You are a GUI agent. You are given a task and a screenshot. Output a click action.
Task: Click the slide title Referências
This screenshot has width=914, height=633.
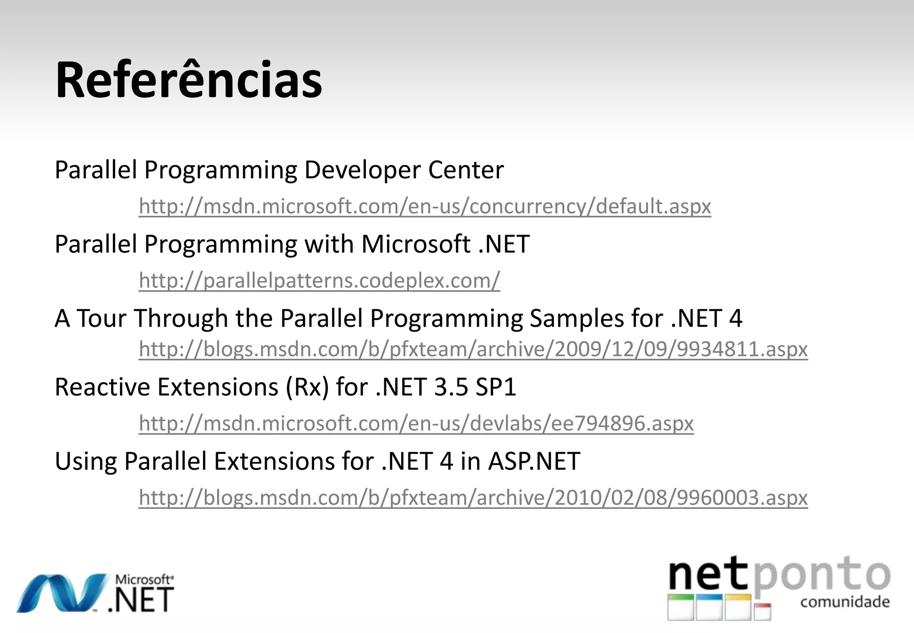[x=188, y=81]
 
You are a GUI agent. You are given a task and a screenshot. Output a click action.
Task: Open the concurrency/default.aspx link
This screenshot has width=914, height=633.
[x=424, y=206]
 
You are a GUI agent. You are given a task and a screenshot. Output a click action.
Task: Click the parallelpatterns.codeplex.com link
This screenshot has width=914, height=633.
[x=319, y=280]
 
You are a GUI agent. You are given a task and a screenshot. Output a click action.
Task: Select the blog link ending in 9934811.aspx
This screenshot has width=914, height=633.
[x=473, y=349]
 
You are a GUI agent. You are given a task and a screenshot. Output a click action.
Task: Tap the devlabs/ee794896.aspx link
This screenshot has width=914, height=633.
[x=416, y=423]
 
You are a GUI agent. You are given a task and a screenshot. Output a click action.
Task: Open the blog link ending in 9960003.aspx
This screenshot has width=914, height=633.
[x=473, y=497]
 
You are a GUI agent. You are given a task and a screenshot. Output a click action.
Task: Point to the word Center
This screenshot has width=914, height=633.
[x=465, y=170]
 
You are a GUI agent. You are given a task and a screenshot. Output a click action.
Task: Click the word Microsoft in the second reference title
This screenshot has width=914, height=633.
[x=415, y=244]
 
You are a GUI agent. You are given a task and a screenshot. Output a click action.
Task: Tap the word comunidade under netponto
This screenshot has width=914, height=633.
[x=845, y=602]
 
